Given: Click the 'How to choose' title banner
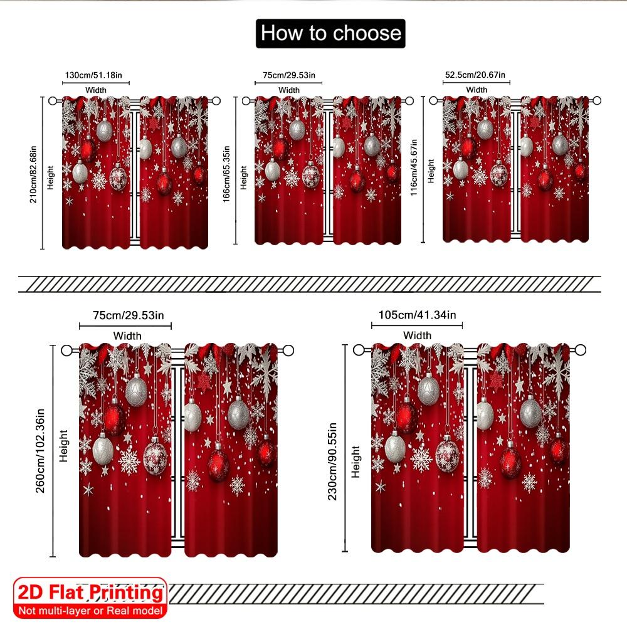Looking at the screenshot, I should [x=330, y=33].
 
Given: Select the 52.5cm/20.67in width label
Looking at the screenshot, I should [x=477, y=75].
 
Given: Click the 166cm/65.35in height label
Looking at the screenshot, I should [x=226, y=171].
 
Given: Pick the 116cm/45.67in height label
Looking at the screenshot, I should [x=414, y=167].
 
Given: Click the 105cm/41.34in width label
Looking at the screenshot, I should [x=417, y=315].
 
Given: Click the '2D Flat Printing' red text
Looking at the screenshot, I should [x=90, y=593].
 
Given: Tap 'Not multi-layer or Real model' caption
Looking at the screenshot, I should [x=90, y=610].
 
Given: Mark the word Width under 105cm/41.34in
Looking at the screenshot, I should [x=417, y=335].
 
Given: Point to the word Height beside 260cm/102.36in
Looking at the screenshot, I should [x=63, y=446].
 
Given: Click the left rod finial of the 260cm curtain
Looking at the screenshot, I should [x=66, y=350].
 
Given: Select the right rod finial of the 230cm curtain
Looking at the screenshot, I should [x=581, y=350].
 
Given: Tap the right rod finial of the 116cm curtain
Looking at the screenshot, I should [x=598, y=100].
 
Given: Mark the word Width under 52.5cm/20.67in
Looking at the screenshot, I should [x=477, y=90].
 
